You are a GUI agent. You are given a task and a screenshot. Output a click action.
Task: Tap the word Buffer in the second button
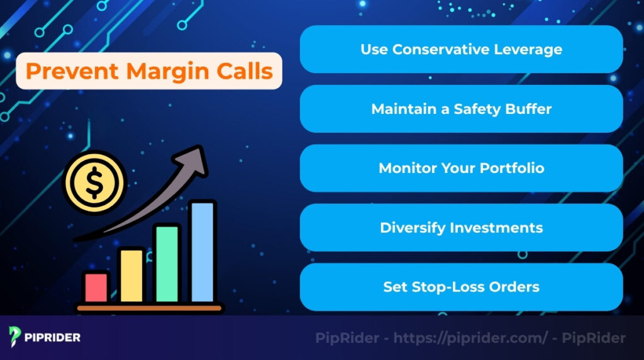(x=528, y=109)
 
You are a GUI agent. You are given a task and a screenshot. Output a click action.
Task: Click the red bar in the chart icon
(x=96, y=287)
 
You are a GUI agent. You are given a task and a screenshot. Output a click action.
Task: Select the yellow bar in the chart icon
(x=131, y=275)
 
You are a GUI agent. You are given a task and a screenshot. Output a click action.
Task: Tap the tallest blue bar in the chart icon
(x=203, y=252)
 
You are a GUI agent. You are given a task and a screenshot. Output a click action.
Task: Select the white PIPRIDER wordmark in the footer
(x=53, y=338)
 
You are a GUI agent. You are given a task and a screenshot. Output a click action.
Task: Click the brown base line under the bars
(x=150, y=308)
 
